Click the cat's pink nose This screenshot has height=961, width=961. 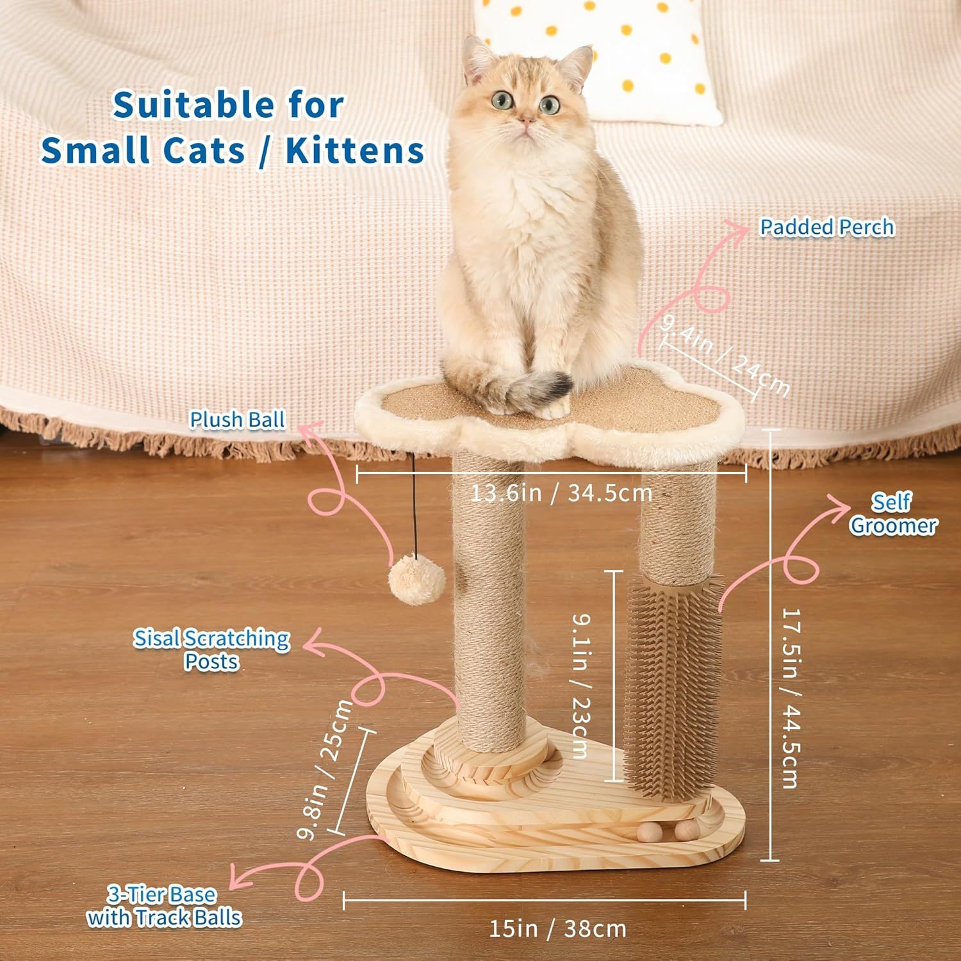tap(525, 120)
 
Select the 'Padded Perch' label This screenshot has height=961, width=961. tap(826, 227)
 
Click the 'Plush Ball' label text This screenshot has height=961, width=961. tap(237, 420)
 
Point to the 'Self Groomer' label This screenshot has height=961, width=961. tap(892, 514)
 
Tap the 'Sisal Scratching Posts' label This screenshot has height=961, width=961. tap(211, 650)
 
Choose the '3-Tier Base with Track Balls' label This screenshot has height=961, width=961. tap(164, 907)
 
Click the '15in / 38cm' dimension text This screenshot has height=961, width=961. tap(557, 928)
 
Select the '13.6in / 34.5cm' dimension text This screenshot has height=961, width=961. tap(561, 493)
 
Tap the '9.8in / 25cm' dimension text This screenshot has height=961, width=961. tap(325, 769)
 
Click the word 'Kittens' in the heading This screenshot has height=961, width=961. tap(355, 150)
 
